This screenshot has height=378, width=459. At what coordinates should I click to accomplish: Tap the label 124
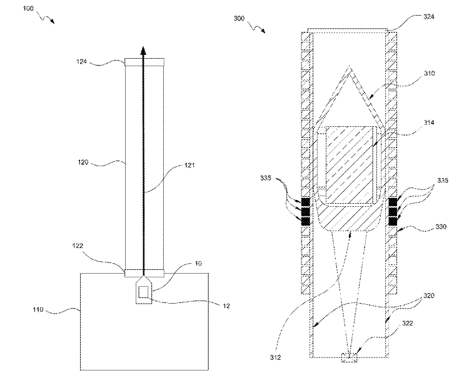click(84, 61)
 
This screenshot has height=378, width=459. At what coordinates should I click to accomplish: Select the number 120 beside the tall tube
click(84, 164)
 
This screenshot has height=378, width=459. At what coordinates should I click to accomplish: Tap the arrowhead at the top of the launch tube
click(143, 52)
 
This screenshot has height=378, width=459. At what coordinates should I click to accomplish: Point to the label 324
click(429, 17)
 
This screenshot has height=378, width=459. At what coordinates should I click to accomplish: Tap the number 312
click(276, 358)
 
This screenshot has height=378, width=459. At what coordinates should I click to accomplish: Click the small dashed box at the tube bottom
click(349, 357)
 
